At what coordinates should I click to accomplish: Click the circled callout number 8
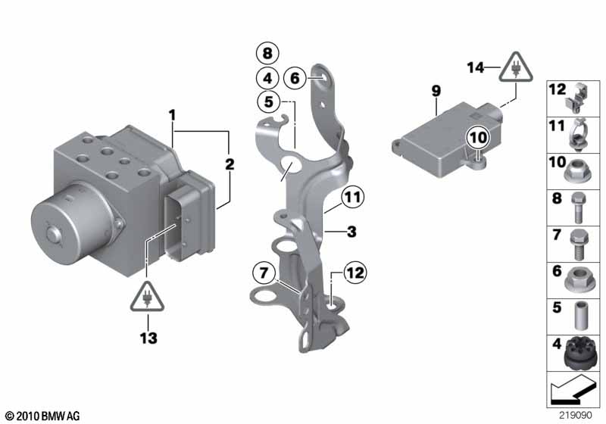(267, 53)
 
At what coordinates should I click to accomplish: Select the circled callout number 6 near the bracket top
(295, 76)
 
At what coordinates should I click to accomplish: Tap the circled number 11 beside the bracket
(351, 198)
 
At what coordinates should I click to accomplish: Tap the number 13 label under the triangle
(148, 338)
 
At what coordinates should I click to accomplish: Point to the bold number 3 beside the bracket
(351, 232)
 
